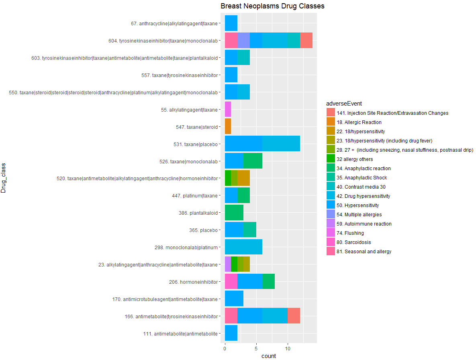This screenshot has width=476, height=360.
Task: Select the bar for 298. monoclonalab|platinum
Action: coord(243,247)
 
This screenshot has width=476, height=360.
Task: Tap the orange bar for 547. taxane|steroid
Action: coord(228,126)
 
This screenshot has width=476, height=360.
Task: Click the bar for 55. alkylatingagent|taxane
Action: coord(228,109)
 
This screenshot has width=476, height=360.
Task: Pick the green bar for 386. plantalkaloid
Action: coord(234,212)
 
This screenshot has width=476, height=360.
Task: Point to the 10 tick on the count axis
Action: coord(287,348)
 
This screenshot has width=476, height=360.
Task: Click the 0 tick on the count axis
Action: coord(225,348)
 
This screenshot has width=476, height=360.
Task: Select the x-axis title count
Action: coord(269,356)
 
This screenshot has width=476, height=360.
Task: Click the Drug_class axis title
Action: coord(4,178)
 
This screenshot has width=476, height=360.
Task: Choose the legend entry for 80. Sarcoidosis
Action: coord(353,242)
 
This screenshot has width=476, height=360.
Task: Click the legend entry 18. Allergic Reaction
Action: coord(359,122)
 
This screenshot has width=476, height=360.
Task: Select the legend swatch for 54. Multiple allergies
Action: coord(331,215)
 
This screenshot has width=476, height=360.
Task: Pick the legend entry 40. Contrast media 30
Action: coord(361,187)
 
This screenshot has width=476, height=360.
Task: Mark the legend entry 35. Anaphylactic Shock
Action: coord(362,178)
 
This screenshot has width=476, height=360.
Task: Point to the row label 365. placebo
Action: coord(203,230)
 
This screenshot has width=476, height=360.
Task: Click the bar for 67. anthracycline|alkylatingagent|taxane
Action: coord(231,23)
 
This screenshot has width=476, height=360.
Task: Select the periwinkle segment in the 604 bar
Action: coord(243,41)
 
